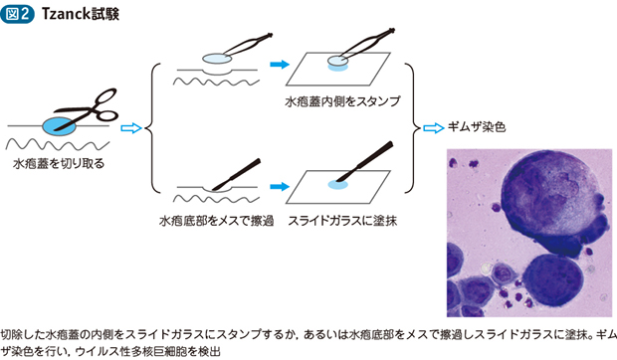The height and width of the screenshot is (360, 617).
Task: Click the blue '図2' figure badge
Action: pos(21,13)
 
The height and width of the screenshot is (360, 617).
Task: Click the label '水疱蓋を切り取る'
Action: pos(58,162)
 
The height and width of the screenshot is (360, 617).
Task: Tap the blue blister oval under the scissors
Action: pos(59,125)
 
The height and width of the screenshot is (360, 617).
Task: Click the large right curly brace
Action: pos(411,127)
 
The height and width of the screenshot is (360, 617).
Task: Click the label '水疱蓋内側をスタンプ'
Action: pos(328,101)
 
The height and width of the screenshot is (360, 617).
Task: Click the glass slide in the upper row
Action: pos(338,72)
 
